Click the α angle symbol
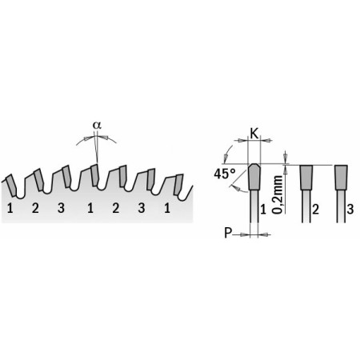[x=97, y=125]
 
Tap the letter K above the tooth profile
[x=254, y=134]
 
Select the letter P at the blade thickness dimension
[x=228, y=233]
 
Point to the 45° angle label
[x=225, y=174]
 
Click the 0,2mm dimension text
[x=278, y=194]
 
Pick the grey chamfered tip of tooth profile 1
[x=254, y=177]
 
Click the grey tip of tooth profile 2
[x=306, y=178]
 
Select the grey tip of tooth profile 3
[x=341, y=178]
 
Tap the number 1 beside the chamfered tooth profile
[x=263, y=210]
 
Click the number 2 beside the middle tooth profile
[x=315, y=210]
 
